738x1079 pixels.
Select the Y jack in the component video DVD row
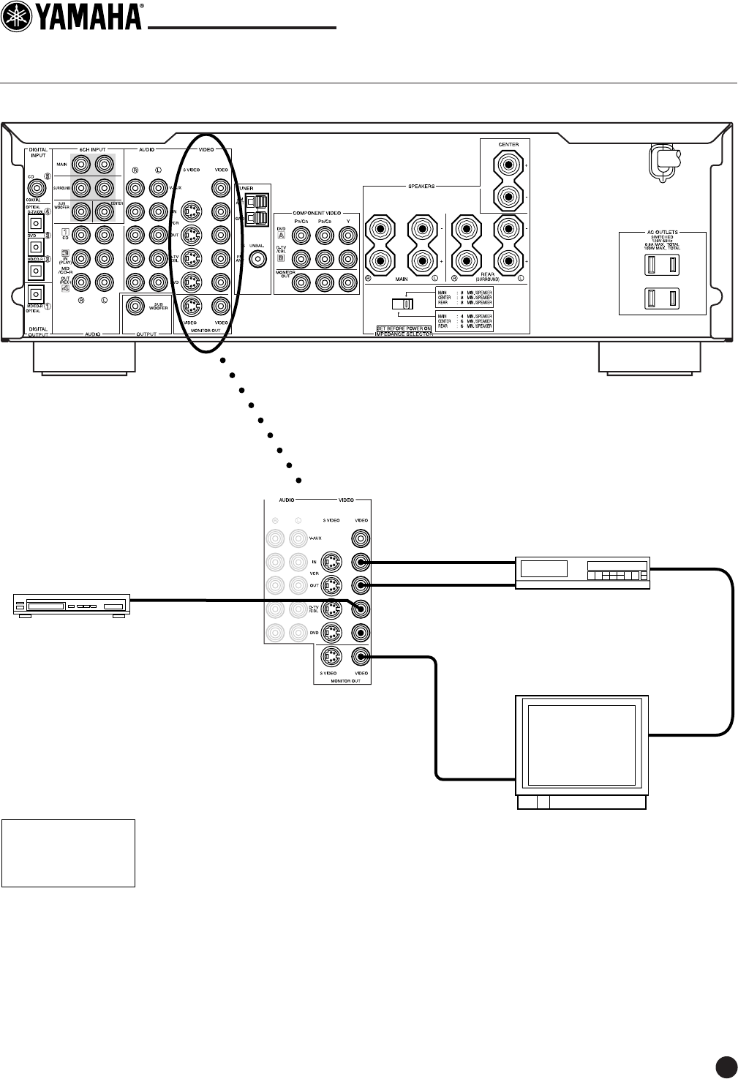coord(347,236)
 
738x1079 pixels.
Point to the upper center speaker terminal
coord(508,166)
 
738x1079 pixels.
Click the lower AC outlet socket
coord(663,298)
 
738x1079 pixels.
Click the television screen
coord(581,745)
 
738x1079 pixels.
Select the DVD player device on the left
coord(71,606)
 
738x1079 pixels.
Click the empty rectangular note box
coord(69,853)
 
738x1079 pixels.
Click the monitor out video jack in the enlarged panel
coord(359,656)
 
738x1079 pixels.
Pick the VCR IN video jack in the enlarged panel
coord(359,563)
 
